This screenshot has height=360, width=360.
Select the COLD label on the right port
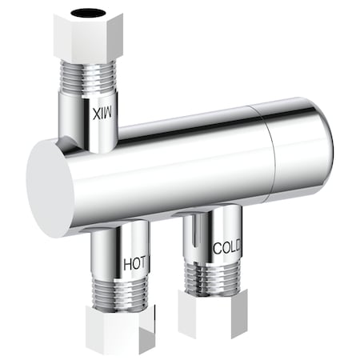pyautogui.click(x=227, y=247)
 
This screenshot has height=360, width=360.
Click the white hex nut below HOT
pyautogui.click(x=119, y=330)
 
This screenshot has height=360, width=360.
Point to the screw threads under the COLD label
pyautogui.click(x=211, y=275)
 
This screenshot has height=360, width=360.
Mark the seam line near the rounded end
pyautogui.click(x=270, y=152)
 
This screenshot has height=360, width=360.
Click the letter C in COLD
pyautogui.click(x=217, y=248)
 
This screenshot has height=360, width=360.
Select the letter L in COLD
pyautogui.click(x=232, y=246)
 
